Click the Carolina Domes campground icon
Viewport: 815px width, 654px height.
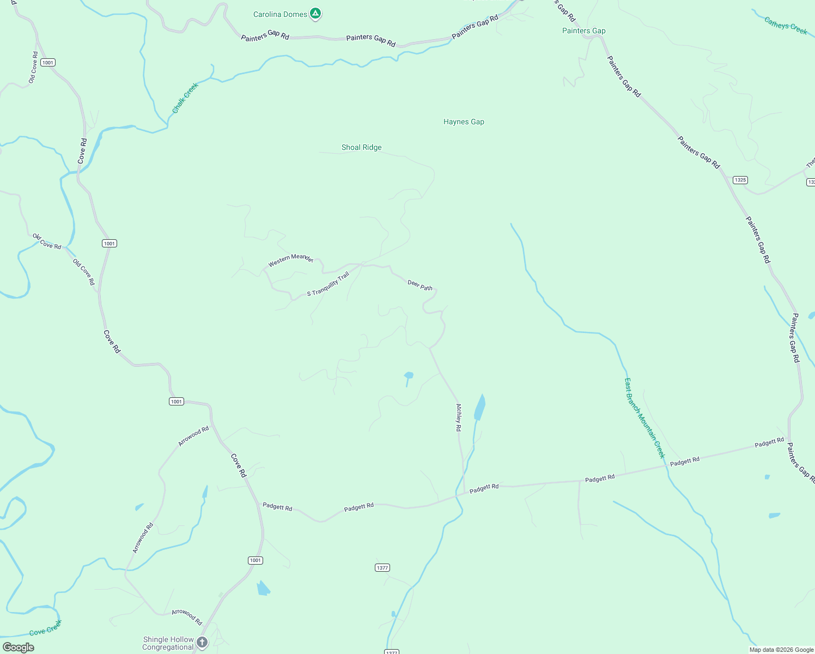coord(315,14)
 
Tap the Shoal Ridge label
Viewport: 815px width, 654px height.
coord(361,148)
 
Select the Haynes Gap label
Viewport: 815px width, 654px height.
coord(464,122)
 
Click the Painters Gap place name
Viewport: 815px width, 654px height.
coord(583,31)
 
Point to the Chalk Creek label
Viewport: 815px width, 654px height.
coord(185,98)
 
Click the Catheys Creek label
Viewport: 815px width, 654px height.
coord(785,26)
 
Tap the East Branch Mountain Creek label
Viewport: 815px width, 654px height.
coord(644,418)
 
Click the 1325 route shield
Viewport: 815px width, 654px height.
coord(740,180)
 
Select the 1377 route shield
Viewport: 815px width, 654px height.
coord(382,568)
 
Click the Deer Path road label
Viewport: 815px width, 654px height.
coord(420,285)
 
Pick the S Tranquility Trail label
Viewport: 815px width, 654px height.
coord(328,284)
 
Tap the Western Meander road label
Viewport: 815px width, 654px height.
coord(290,260)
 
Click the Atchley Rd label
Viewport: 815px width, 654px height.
coord(459,417)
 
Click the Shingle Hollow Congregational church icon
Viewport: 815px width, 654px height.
coord(202,643)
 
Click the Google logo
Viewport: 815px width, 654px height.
coord(19,647)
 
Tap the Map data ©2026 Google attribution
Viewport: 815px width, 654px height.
coord(781,650)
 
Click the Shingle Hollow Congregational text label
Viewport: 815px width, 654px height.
coord(168,644)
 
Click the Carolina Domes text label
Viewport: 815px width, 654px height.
coord(280,15)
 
